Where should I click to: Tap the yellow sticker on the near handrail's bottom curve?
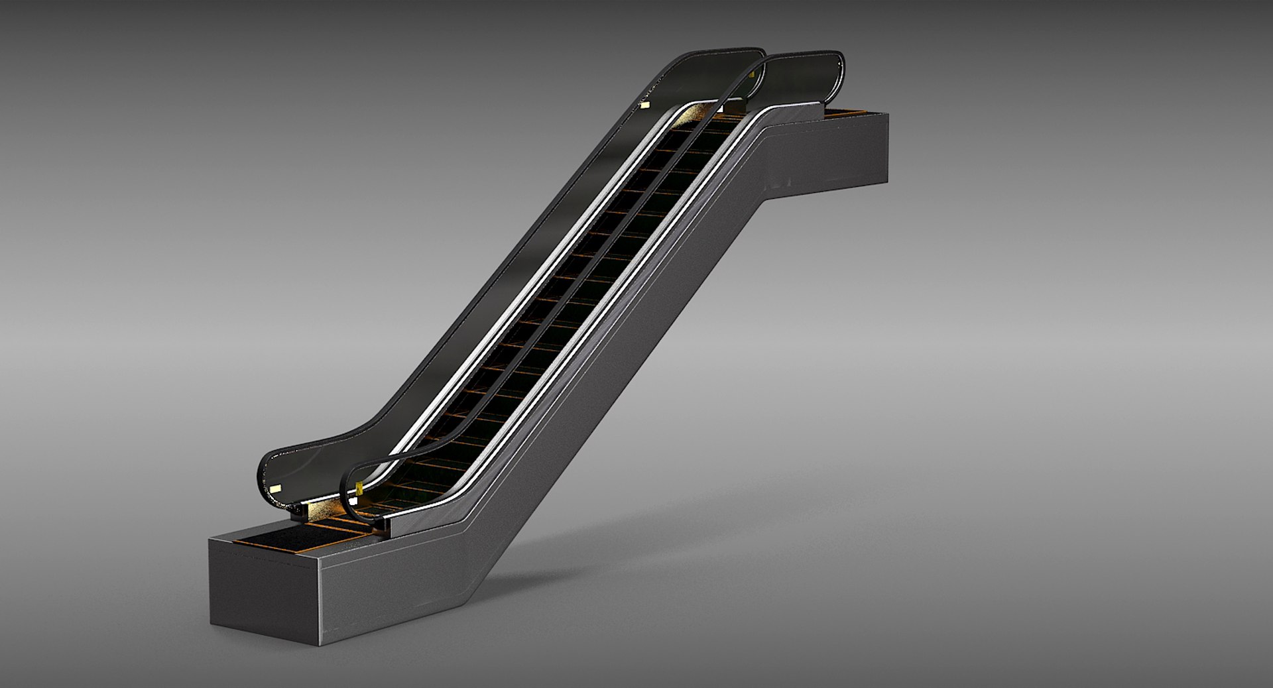(x=359, y=488)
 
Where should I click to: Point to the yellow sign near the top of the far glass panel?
(x=643, y=105)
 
